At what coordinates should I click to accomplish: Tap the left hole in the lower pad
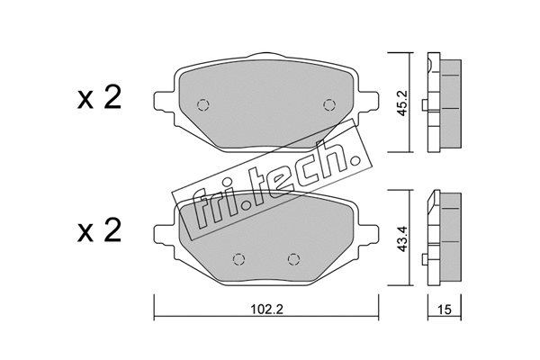pos(238,259)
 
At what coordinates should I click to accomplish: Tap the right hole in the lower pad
pos(292,259)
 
